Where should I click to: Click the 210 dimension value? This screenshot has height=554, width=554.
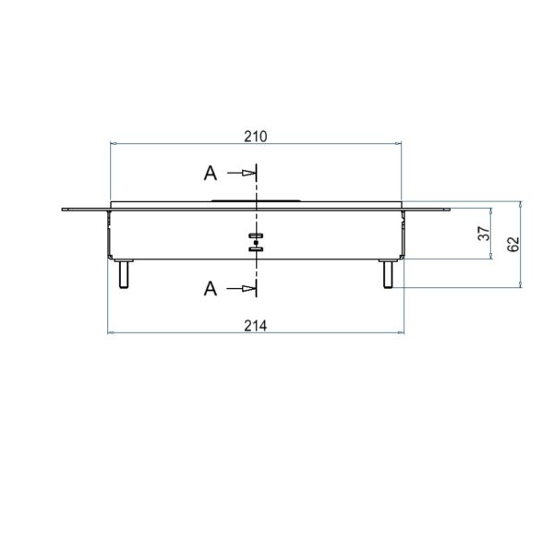point(256,137)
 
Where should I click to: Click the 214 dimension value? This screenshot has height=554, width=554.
point(256,326)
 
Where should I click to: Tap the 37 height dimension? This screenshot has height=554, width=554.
point(484,234)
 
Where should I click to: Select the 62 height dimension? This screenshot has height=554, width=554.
point(513,244)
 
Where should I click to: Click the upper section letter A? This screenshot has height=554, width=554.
point(211,174)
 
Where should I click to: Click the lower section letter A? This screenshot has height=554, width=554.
point(211,289)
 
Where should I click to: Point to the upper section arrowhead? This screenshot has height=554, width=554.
point(248,174)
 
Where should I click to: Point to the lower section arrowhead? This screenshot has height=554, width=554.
point(248,289)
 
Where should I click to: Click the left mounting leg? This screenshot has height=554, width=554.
point(124,274)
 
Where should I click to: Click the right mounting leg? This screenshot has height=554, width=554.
point(388,274)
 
